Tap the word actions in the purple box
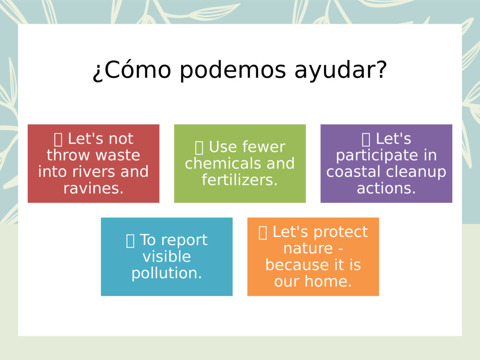coord(386,188)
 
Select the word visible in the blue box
coord(167,256)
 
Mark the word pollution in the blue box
coord(167,273)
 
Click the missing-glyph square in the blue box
coord(130,240)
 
